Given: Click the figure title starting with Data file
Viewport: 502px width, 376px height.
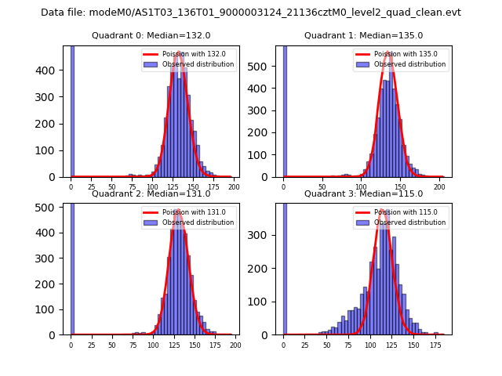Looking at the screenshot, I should pos(251,13).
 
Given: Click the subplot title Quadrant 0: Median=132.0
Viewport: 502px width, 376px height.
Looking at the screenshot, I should pos(151,35).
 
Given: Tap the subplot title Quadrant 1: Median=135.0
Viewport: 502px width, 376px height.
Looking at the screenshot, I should pos(364,35).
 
